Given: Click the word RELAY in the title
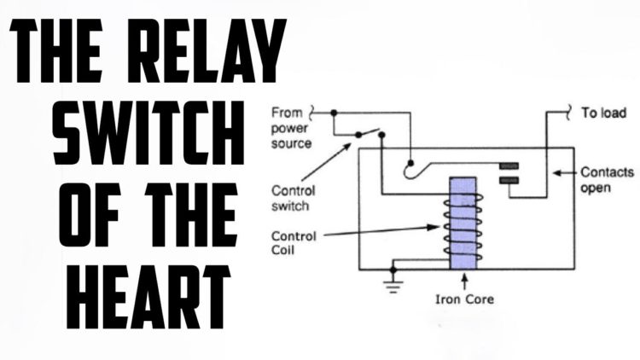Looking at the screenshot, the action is pos(207,51).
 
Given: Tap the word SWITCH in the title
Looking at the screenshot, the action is pos(148,132).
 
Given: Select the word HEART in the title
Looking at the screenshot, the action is pos(148,297).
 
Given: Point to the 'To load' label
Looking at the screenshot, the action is pos(603,113).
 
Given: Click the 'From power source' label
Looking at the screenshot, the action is pos(290,128).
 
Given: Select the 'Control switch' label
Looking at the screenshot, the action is pos(293,199).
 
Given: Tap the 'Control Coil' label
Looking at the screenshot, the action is pos(294,243).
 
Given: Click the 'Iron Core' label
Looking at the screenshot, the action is pos(464,299).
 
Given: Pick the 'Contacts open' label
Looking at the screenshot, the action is pos(607,180).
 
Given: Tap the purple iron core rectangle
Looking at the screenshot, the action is pos(463,224).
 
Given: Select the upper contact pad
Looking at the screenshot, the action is pos(509,165).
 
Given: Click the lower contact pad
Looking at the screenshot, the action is pos(509,180).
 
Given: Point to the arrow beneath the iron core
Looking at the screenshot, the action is pos(463,282).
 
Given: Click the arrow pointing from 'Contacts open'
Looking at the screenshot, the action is pos(565,173).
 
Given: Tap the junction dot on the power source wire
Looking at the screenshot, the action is pos(334,113).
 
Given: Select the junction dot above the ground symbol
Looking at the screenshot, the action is pos(393,270).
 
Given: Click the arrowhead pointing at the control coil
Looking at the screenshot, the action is pos(433,228).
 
